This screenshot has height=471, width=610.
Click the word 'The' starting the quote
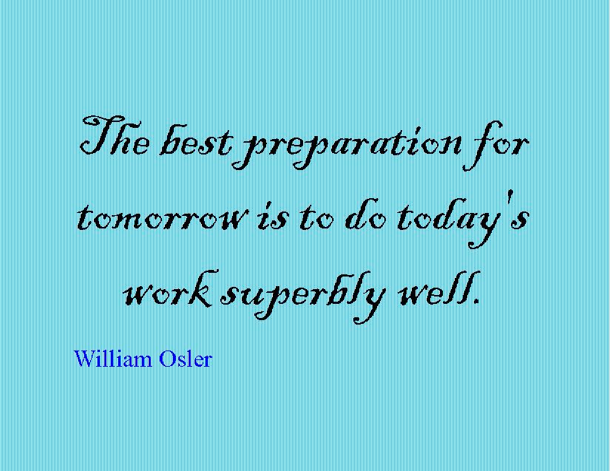click(115, 135)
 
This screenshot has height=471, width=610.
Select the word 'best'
click(196, 140)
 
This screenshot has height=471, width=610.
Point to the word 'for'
click(495, 146)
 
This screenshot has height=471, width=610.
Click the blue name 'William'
click(113, 359)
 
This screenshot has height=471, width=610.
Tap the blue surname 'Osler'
click(186, 359)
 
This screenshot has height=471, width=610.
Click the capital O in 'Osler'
click(166, 359)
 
